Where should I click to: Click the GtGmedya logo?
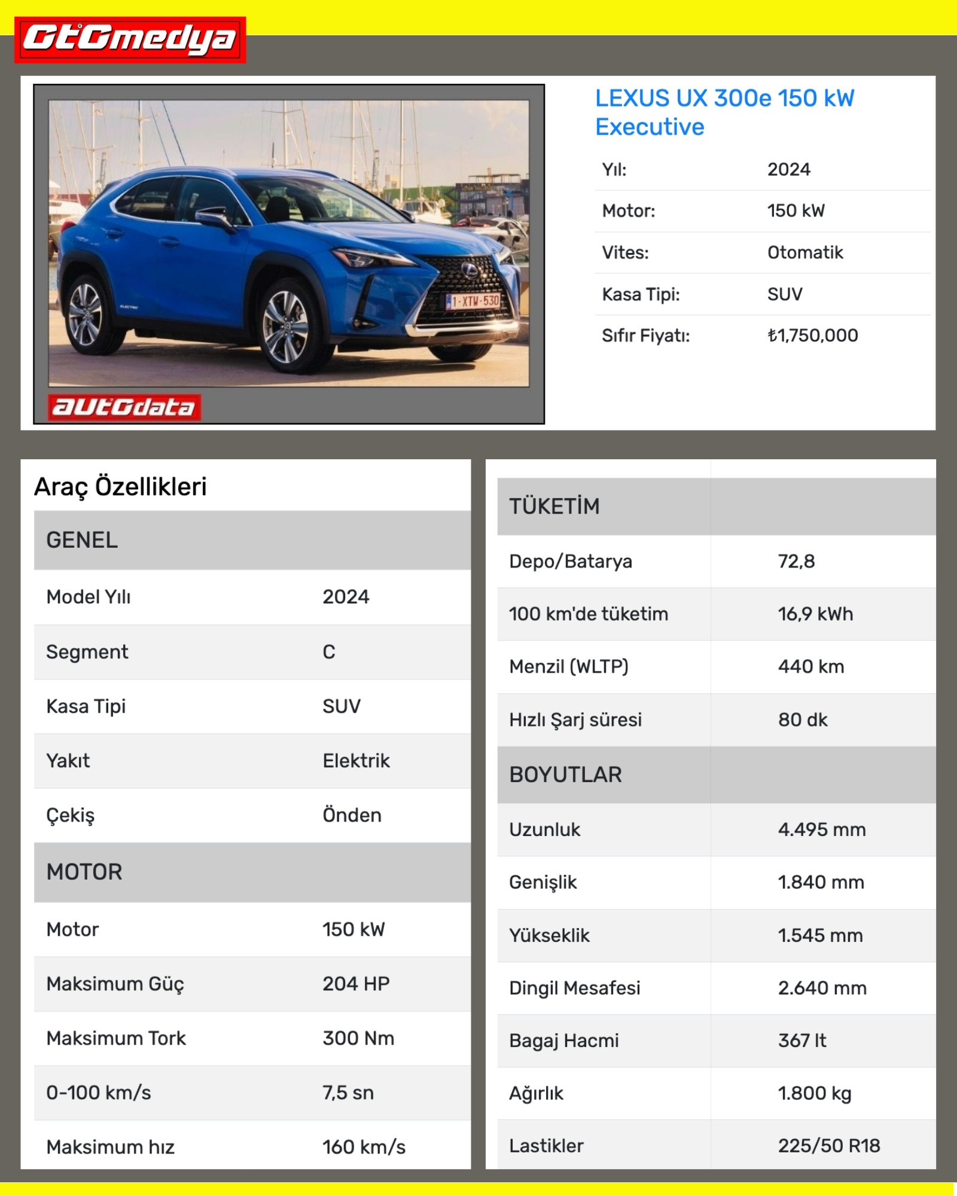point(130,39)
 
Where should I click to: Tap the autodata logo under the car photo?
point(124,407)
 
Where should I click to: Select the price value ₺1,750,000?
point(812,335)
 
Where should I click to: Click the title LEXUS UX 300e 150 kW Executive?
point(724,112)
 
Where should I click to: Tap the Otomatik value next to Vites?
point(804,252)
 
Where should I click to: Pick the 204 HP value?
point(356,984)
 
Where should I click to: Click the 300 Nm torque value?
point(358,1038)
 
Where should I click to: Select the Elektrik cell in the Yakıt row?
point(356,761)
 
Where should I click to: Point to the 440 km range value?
point(810,666)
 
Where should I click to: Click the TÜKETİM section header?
point(554,507)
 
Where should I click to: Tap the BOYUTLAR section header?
point(565,774)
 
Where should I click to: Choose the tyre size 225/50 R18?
point(828,1146)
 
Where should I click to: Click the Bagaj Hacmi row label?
point(563,1041)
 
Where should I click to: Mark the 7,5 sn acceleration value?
point(348,1093)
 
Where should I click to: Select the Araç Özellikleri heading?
point(120,486)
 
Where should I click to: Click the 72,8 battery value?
point(796,561)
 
